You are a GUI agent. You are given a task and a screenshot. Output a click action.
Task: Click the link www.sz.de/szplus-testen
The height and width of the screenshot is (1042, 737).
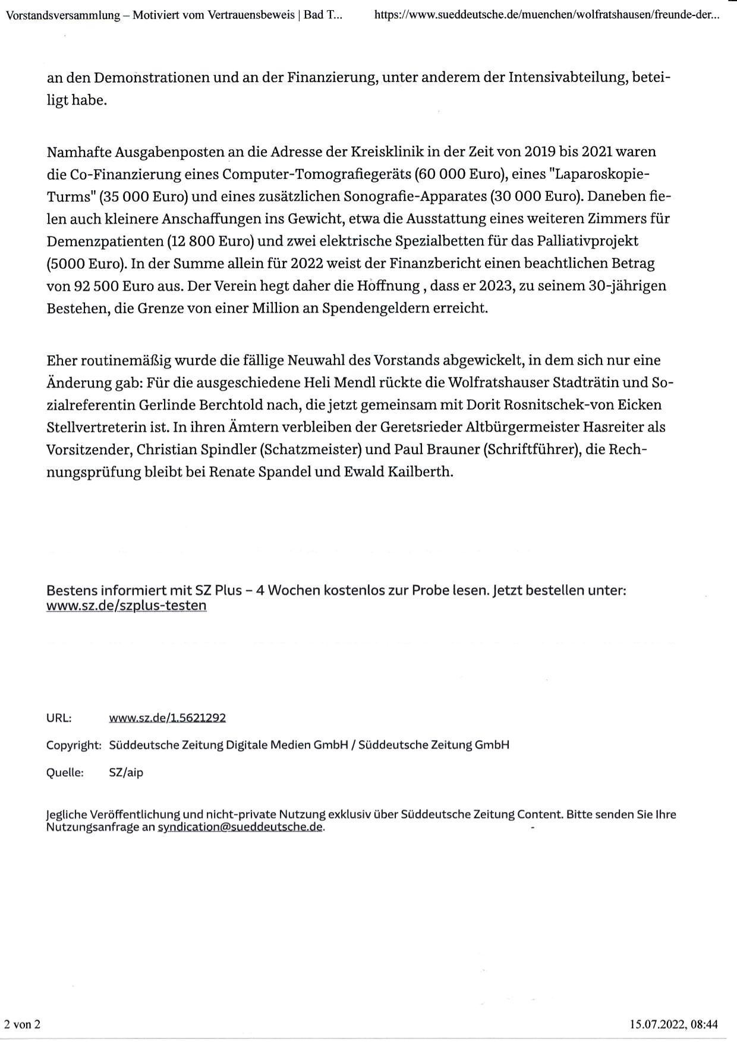coord(126,606)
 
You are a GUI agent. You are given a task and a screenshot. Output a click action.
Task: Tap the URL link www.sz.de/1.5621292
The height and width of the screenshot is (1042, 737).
coord(167,717)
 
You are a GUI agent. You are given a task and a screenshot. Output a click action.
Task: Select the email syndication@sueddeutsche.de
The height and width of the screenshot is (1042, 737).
coord(241,827)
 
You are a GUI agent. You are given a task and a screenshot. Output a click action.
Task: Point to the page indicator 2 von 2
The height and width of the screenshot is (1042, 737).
coord(22,1024)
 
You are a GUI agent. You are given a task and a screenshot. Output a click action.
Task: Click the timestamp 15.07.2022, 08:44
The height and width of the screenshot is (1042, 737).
coord(674,1024)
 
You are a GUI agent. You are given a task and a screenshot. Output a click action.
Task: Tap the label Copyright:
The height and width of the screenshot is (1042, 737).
coord(74,745)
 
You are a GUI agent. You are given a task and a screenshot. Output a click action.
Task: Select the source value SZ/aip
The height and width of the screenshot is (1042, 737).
coord(126,773)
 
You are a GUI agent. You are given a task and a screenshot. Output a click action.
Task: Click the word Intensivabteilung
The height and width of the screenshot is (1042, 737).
coord(567,78)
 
